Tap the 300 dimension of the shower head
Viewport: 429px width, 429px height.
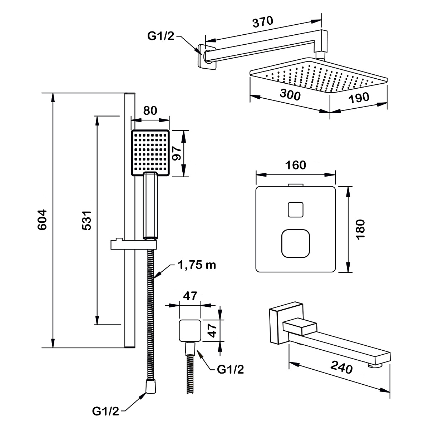[x=290, y=95]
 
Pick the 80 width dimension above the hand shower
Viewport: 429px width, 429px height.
[x=150, y=110]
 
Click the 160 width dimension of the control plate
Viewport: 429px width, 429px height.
[x=296, y=165]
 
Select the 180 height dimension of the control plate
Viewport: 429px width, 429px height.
[x=360, y=229]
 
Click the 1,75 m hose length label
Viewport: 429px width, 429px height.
[x=196, y=266]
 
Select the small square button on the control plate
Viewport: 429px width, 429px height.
[x=295, y=210]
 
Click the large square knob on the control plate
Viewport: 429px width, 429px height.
[x=295, y=243]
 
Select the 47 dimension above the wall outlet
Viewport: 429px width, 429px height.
[x=190, y=296]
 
